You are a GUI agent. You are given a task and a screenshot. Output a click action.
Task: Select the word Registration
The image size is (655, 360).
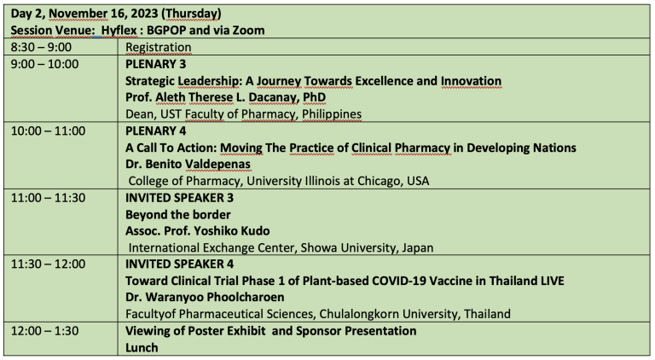[159, 47]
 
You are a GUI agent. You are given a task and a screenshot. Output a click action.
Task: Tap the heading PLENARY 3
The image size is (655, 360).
[156, 64]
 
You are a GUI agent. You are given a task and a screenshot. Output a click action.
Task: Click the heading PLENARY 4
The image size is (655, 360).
[156, 131]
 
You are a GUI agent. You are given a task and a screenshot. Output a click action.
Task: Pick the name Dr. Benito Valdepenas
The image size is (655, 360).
[188, 164]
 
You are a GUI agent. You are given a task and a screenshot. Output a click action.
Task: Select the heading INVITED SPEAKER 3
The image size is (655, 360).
[180, 198]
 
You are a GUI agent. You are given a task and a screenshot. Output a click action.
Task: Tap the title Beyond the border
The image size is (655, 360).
[178, 215]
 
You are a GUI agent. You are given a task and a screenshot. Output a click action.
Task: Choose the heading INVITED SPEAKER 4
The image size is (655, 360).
[180, 264]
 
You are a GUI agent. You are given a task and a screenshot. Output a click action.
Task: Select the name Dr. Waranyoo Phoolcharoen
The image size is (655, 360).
[205, 298]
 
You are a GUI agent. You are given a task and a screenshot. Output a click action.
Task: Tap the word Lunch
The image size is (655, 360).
[142, 347]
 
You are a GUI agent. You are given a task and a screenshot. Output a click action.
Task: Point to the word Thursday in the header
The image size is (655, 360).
[192, 14]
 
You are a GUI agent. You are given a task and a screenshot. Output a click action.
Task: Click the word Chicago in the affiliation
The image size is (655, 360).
[377, 181]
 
